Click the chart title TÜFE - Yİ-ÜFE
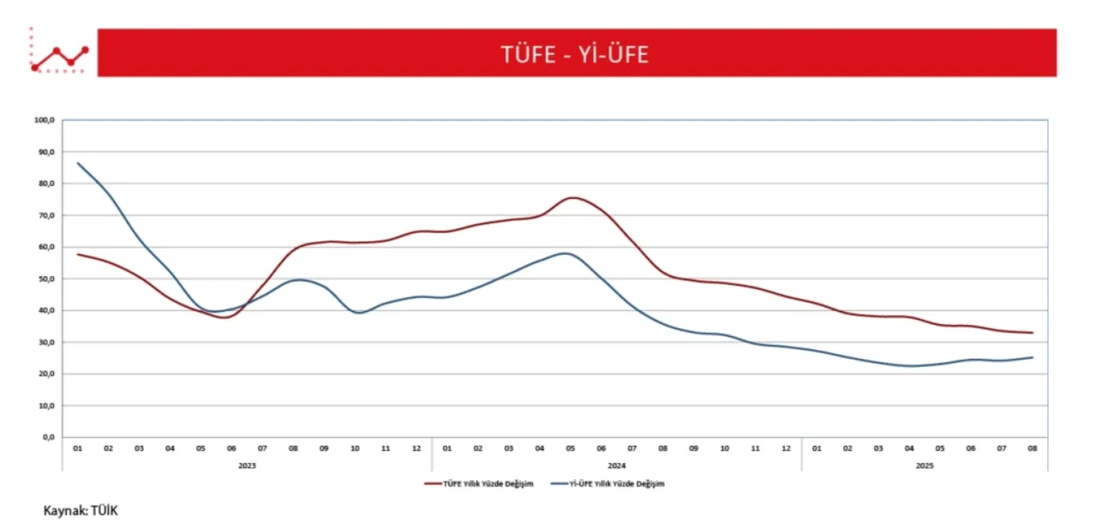click(575, 54)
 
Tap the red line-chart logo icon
click(58, 56)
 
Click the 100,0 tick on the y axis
click(45, 121)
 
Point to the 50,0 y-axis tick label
click(46, 279)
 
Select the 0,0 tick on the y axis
click(48, 437)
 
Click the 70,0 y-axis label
click(46, 215)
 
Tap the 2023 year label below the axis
click(247, 466)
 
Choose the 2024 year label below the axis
click(617, 466)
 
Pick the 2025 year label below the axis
click(924, 466)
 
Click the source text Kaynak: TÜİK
click(80, 511)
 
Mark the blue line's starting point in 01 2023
click(78, 163)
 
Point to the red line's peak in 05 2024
click(571, 197)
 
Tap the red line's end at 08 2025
click(1032, 333)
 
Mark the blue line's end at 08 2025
click(1032, 358)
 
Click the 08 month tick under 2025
click(1032, 448)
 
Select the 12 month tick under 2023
click(417, 448)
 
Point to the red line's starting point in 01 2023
click(78, 254)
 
